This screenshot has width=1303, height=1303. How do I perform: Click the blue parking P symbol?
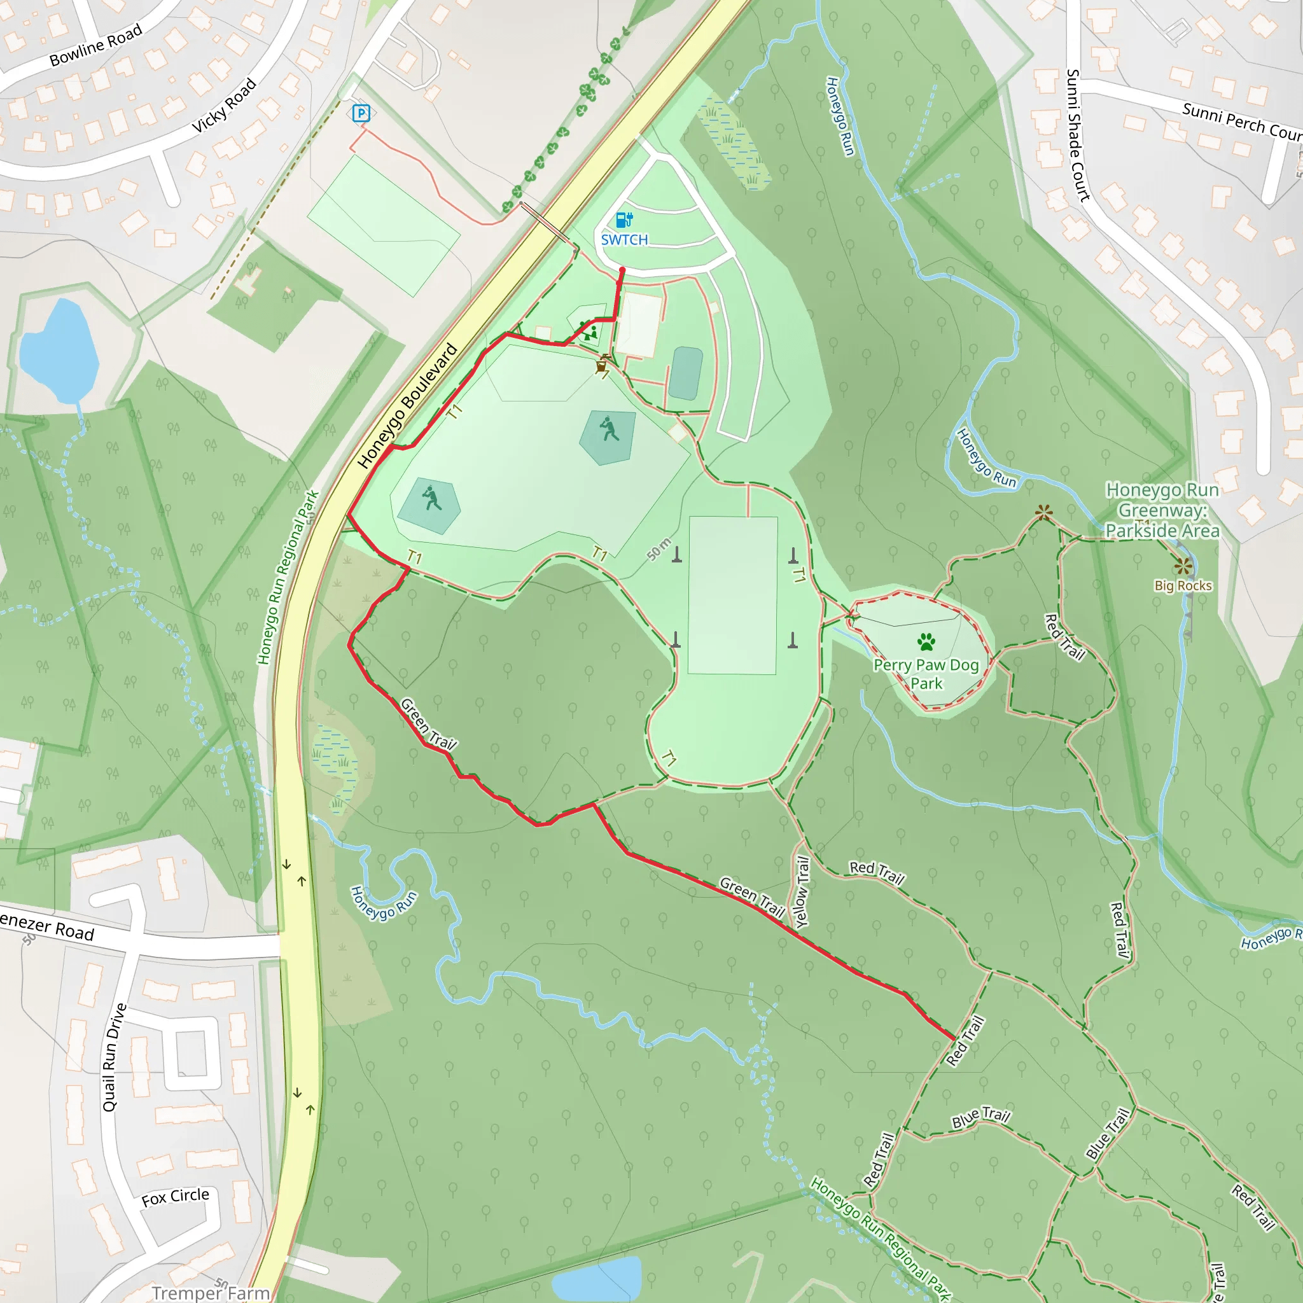361,113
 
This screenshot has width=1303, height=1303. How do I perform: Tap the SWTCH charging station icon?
624,220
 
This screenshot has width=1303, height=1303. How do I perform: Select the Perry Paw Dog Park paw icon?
926,641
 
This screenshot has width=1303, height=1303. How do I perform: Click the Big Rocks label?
1183,585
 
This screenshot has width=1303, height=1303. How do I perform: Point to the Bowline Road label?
96,45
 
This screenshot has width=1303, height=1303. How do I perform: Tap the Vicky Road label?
224,105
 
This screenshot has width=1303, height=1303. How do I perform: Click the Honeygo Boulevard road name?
407,406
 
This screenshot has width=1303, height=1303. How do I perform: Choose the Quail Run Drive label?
114,1057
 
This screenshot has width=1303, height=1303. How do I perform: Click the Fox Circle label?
176,1197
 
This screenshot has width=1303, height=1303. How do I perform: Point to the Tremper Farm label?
211,1292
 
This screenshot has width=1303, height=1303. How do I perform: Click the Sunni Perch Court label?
1241,122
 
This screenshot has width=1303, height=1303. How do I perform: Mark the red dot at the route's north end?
622,270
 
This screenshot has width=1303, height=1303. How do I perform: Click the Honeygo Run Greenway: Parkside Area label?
1162,510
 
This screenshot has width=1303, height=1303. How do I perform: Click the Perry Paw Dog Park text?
926,674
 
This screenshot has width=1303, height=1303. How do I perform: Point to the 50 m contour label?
659,549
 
